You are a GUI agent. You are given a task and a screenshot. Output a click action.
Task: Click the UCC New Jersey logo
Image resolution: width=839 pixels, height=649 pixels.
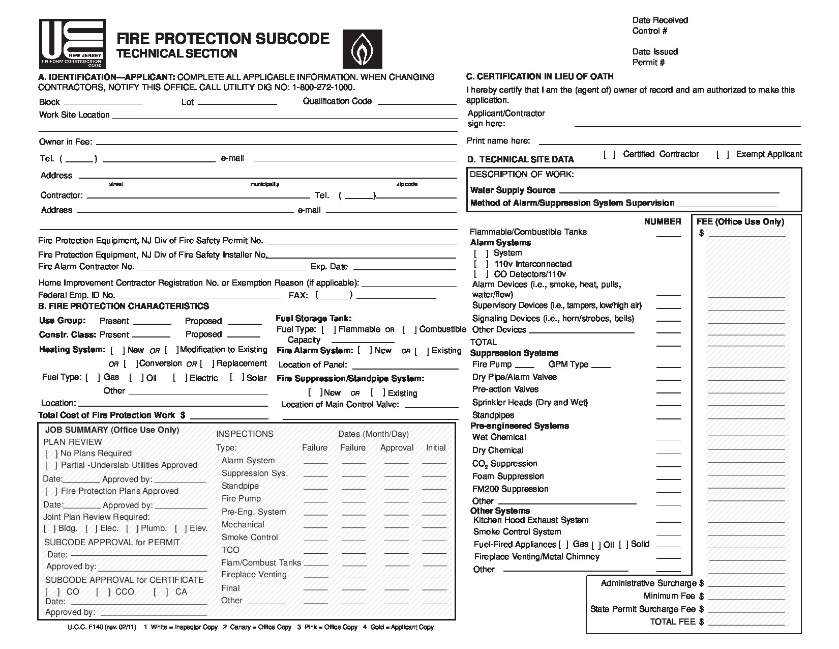click(x=72, y=44)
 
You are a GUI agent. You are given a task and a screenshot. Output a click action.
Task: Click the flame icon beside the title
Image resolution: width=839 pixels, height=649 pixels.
click(x=362, y=49)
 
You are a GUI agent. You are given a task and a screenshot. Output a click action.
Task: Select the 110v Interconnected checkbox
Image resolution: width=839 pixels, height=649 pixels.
click(x=481, y=264)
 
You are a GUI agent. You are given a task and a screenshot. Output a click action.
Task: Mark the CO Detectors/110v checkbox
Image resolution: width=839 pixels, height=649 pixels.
click(x=481, y=274)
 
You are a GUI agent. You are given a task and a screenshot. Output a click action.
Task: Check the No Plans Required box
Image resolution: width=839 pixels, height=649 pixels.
click(x=51, y=454)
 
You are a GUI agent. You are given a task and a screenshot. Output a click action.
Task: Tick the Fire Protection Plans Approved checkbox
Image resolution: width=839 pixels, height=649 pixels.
click(x=51, y=491)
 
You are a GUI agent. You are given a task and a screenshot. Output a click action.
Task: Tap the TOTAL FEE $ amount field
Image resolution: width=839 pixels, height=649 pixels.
click(x=746, y=623)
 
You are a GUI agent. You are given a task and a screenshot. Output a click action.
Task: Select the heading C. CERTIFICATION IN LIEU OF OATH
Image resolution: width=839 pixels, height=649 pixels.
click(x=540, y=77)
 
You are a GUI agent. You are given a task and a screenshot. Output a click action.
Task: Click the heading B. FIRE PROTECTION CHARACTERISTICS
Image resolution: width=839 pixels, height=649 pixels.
click(x=124, y=306)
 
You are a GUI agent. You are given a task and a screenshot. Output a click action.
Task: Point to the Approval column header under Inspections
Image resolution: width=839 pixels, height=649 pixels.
click(x=397, y=448)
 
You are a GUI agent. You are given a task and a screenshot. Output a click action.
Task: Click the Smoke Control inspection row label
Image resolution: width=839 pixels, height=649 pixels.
click(x=250, y=538)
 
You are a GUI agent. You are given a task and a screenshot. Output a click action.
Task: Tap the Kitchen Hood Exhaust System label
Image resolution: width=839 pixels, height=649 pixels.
click(x=531, y=520)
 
